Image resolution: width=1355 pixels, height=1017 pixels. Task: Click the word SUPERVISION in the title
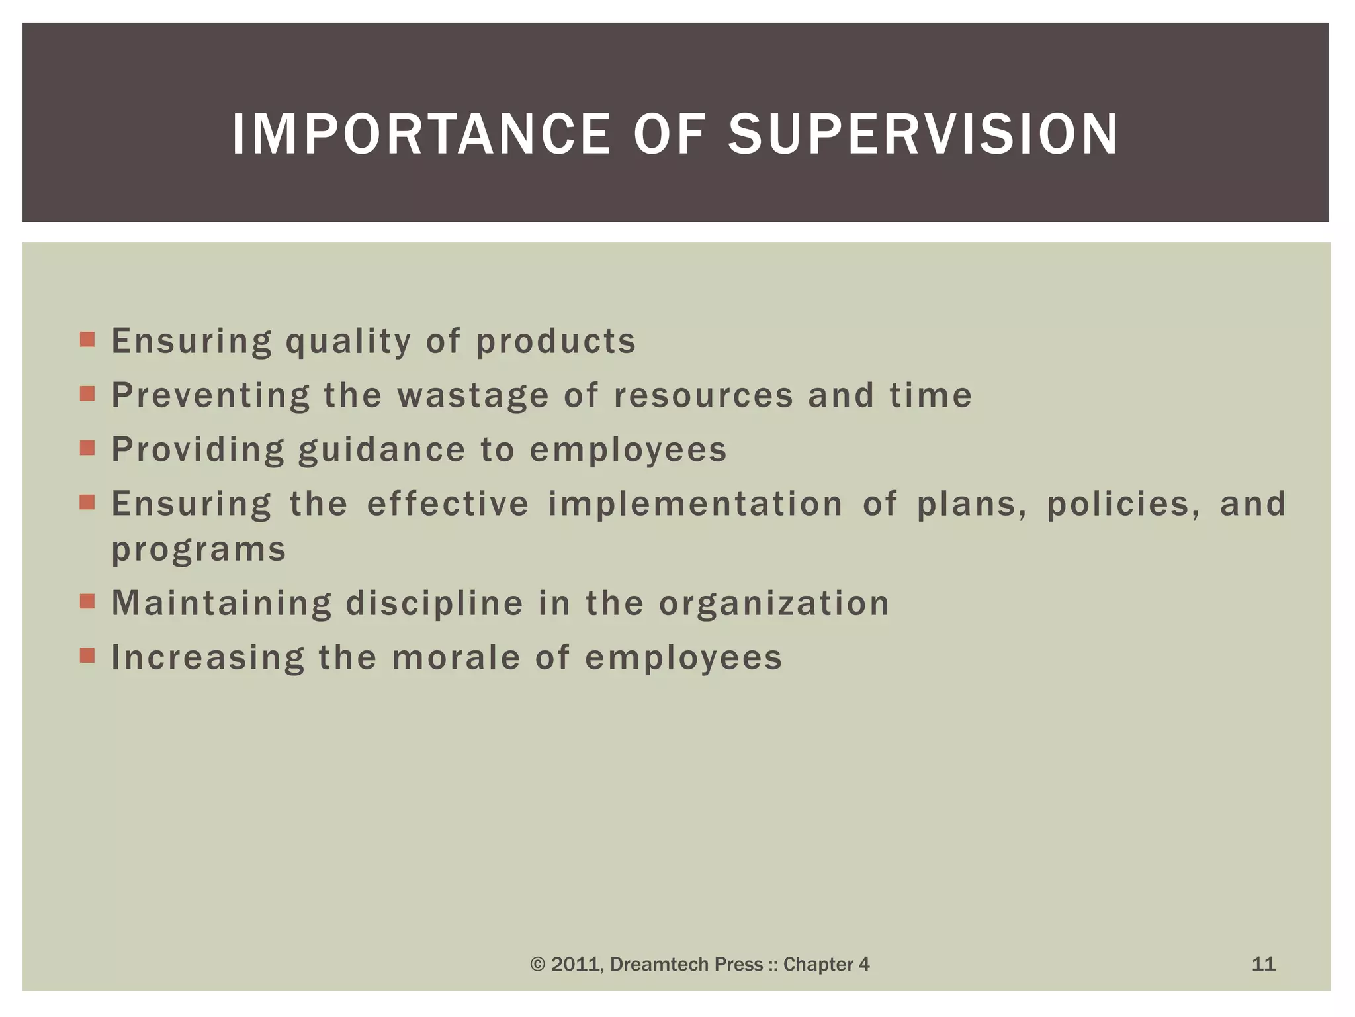[922, 134]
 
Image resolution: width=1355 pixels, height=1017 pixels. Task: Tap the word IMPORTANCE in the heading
[421, 134]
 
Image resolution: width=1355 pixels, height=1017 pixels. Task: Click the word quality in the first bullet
[349, 342]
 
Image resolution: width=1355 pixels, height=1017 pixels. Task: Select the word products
[556, 342]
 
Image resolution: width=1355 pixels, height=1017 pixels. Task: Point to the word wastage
[472, 396]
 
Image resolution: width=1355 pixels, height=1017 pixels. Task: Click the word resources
[703, 396]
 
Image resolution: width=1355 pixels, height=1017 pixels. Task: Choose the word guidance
[382, 450]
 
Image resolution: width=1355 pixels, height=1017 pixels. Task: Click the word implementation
[695, 504]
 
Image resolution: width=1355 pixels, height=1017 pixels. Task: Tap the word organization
[773, 604]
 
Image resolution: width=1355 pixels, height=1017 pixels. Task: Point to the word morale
[456, 658]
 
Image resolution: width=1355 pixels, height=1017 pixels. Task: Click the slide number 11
[1263, 964]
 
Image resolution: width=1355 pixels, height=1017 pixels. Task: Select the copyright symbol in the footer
[537, 965]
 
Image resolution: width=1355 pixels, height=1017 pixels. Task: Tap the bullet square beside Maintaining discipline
[87, 601]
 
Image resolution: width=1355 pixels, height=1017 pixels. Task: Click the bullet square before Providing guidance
[87, 448]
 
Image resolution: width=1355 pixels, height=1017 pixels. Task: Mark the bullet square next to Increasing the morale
[87, 655]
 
